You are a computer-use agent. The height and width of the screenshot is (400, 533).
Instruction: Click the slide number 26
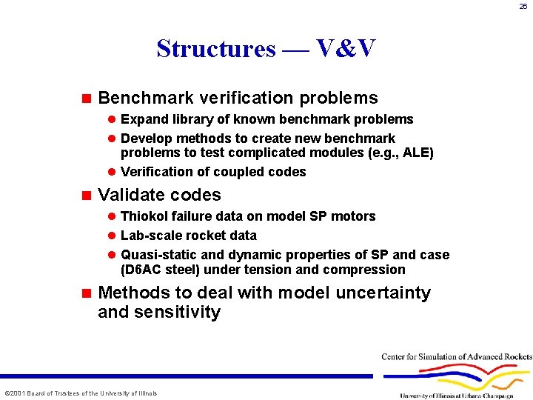(523, 7)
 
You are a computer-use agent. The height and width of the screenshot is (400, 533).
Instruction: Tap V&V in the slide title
(346, 49)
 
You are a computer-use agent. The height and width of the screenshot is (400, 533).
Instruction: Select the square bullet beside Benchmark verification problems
(86, 98)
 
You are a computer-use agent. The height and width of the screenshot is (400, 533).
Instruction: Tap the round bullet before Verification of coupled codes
(112, 172)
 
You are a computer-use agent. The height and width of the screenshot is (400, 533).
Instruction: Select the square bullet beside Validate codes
(86, 196)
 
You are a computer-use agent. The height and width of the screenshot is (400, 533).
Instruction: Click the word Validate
(130, 196)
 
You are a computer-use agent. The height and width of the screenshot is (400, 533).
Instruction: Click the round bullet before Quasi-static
(112, 255)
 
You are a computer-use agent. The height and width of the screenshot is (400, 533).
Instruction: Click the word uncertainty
(383, 293)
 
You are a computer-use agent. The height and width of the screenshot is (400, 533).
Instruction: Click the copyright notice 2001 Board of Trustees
(81, 393)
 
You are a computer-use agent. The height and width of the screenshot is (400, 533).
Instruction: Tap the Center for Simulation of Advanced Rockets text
(456, 357)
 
